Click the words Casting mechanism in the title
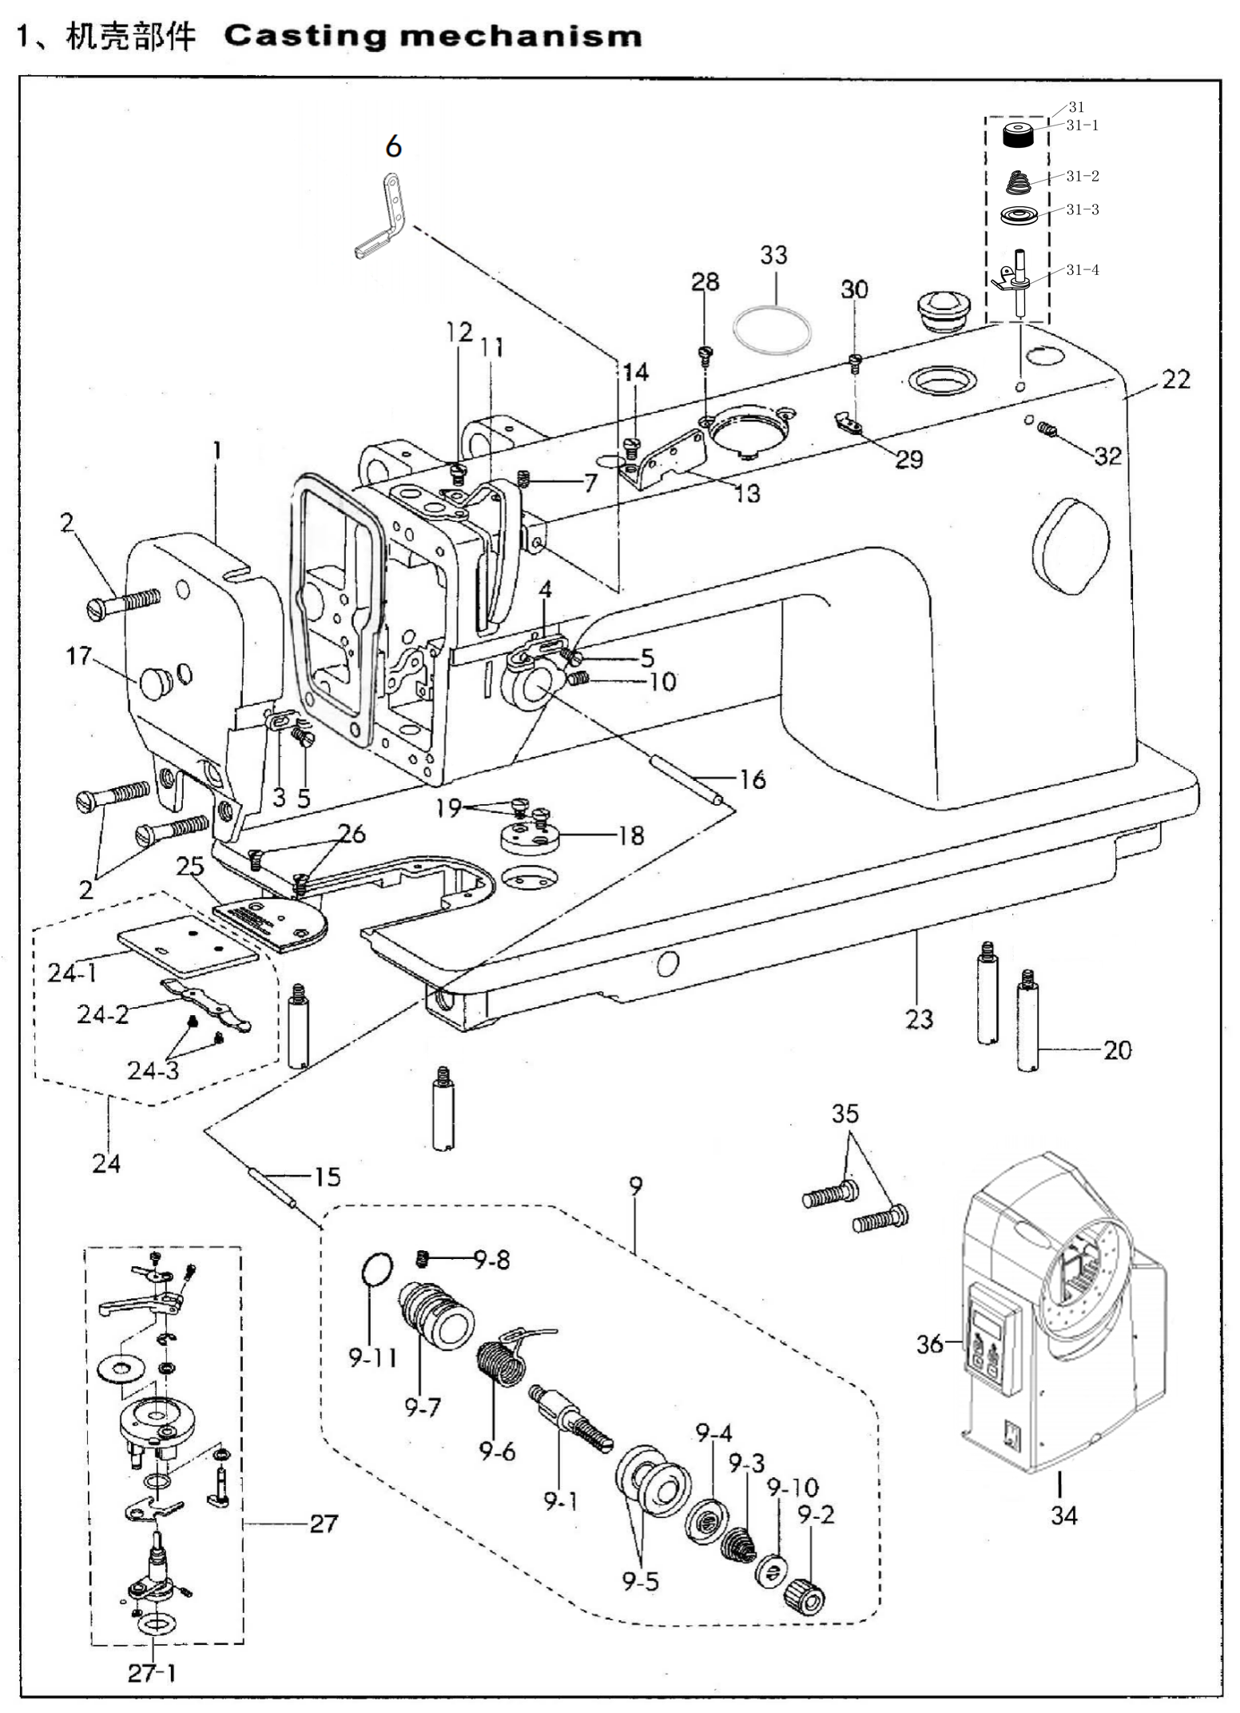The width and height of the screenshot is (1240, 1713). coord(433,37)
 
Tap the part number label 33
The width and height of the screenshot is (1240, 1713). coord(773,255)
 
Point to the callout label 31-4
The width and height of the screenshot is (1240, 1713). coord(1083,270)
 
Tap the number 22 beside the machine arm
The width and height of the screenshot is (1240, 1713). coord(1175,379)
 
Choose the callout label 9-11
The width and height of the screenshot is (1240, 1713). coord(372,1357)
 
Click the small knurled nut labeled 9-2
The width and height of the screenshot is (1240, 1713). coord(805,1596)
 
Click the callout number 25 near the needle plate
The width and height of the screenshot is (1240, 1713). coord(190,866)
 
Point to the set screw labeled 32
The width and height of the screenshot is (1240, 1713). coord(1047,431)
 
